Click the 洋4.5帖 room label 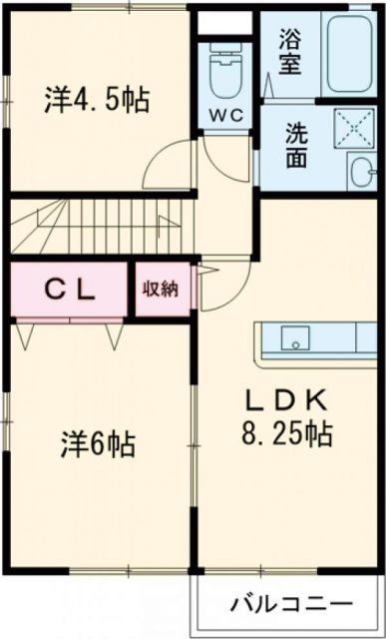pos(96,99)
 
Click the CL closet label pos(69,290)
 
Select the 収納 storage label pos(160,290)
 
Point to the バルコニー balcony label pos(290,604)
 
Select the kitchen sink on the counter pos(295,338)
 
